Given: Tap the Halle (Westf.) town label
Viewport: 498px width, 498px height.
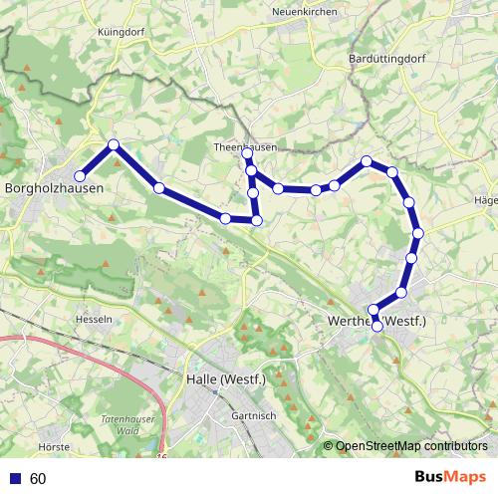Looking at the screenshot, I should pyautogui.click(x=225, y=378).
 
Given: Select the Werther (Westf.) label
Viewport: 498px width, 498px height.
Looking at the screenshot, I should pyautogui.click(x=376, y=321).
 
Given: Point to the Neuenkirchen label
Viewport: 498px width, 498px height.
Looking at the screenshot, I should pyautogui.click(x=301, y=12).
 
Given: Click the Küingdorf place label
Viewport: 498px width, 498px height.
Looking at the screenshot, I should pyautogui.click(x=123, y=32).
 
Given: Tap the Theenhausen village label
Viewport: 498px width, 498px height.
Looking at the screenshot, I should pyautogui.click(x=245, y=147).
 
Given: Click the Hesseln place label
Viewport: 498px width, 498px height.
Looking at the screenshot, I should pyautogui.click(x=93, y=320).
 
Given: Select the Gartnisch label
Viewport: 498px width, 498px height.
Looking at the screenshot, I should pyautogui.click(x=251, y=415).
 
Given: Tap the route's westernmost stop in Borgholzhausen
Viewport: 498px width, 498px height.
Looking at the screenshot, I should pyautogui.click(x=80, y=176).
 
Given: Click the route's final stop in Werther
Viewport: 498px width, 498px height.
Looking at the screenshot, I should pyautogui.click(x=376, y=326).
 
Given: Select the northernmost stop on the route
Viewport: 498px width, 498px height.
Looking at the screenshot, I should pyautogui.click(x=114, y=144).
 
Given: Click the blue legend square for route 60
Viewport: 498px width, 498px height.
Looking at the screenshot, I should pyautogui.click(x=14, y=479).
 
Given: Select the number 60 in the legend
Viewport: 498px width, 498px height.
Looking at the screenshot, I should pyautogui.click(x=38, y=479).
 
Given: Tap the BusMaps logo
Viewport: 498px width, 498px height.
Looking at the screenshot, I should pyautogui.click(x=450, y=478).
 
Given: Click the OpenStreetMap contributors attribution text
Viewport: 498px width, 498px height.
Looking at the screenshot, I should pyautogui.click(x=411, y=446).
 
